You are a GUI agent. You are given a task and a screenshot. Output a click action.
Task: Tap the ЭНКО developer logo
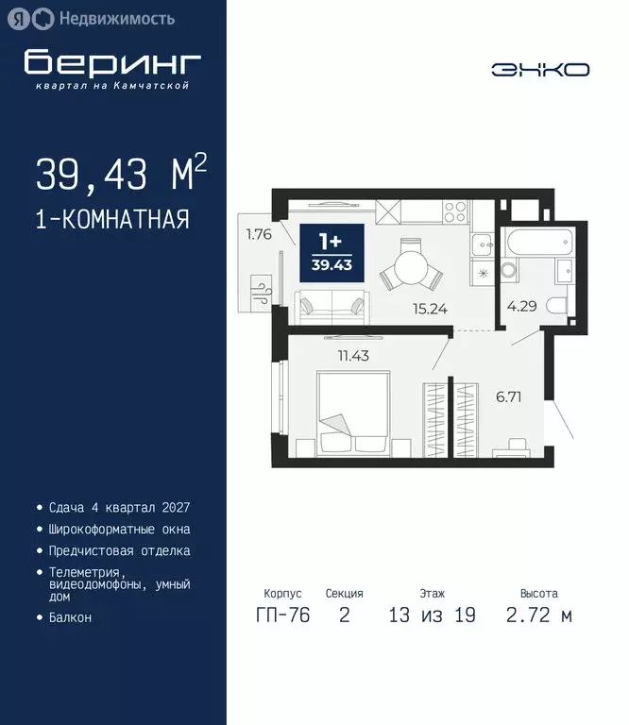coord(540,70)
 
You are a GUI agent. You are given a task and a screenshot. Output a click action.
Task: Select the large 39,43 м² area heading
coord(121,175)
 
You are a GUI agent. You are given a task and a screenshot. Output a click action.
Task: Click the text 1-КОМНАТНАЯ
coord(112,220)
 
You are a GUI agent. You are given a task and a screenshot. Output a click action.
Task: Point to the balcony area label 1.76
coord(259,235)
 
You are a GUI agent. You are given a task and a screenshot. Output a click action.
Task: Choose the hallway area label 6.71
coord(509,396)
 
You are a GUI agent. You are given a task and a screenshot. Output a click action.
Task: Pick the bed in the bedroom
coord(351,413)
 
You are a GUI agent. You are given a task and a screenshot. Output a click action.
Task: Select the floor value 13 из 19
coord(432,616)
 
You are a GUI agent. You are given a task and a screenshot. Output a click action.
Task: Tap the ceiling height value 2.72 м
coord(539,616)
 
